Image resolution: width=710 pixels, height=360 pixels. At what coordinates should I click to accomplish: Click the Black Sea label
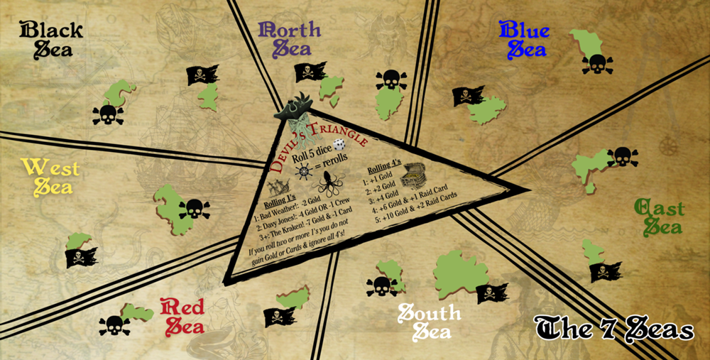click(52, 39)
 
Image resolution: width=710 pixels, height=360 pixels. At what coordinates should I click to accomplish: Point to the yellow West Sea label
click(50, 177)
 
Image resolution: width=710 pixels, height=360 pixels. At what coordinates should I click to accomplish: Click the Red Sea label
click(183, 316)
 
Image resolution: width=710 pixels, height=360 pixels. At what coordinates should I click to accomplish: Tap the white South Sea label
click(429, 321)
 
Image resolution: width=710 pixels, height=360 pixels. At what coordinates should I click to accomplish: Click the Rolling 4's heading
click(384, 169)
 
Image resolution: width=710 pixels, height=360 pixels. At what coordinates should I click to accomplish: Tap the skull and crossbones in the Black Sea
click(108, 114)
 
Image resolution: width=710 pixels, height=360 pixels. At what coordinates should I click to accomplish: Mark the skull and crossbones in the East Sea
click(622, 156)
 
